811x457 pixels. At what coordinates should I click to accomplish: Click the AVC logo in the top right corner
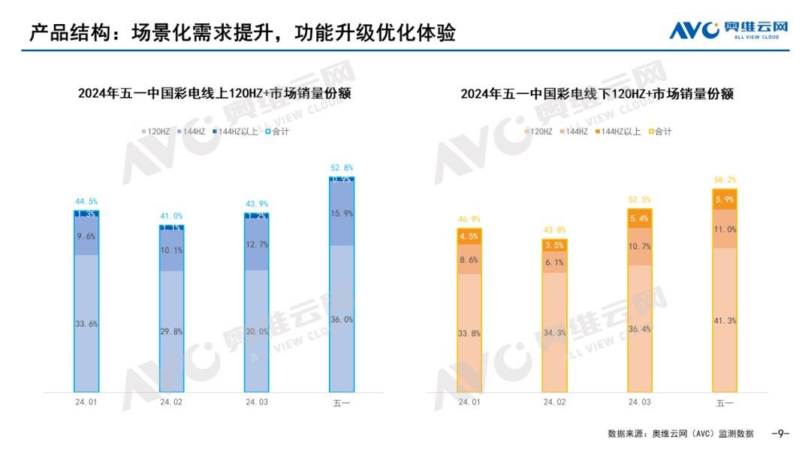coord(728,30)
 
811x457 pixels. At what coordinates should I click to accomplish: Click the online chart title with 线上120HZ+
coord(215,94)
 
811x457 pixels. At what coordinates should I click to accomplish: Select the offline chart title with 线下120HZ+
coord(596,94)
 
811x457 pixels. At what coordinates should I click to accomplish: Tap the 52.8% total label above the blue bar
coord(341,168)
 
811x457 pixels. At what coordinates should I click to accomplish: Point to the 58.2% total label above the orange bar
coord(725,180)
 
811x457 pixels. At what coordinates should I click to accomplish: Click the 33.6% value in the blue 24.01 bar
coord(86,324)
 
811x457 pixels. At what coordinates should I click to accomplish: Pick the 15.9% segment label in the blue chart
coord(341,213)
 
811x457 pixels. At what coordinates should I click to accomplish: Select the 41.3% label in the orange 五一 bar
coord(725,321)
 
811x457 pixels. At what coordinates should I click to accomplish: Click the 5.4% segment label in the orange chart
coord(640,219)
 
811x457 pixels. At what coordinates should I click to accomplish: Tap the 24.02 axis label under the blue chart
coord(171,403)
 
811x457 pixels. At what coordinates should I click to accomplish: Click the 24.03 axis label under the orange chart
coord(640,403)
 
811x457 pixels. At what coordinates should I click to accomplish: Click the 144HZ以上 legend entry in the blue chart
coord(237,132)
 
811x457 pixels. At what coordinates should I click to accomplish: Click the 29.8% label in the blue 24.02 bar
coord(171,331)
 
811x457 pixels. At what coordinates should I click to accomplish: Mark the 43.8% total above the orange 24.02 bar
coord(555,230)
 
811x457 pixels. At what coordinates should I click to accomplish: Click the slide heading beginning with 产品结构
coord(243,33)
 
